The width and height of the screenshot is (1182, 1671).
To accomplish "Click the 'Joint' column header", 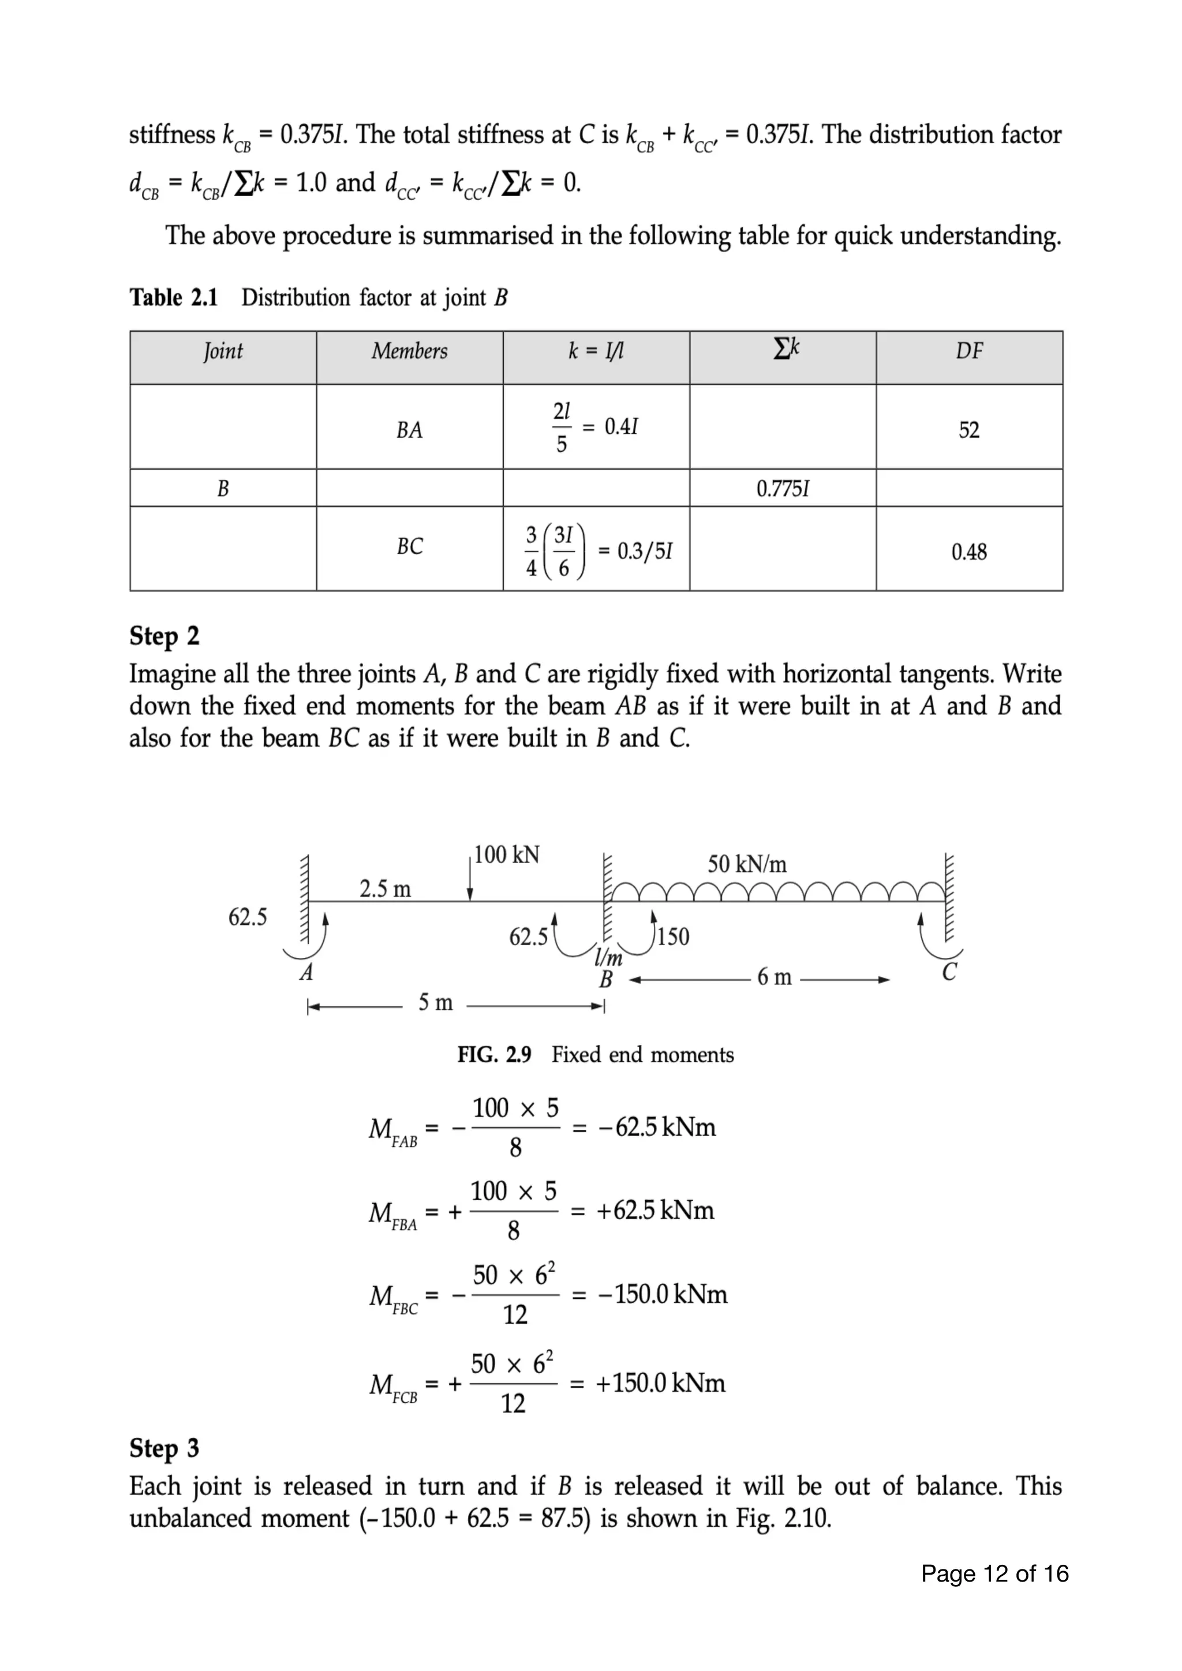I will tap(223, 351).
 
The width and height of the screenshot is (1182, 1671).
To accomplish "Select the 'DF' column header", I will tap(969, 351).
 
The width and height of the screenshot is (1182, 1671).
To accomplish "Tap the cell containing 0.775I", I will tap(783, 488).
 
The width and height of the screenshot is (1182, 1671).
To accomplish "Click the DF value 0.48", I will tap(969, 552).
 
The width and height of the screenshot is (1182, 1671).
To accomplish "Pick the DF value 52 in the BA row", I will tap(969, 430).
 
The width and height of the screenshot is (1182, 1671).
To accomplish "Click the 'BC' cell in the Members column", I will tap(410, 546).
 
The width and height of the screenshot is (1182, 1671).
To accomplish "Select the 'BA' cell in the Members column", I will tap(410, 430).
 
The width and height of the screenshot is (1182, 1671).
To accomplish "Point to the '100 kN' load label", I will tap(507, 855).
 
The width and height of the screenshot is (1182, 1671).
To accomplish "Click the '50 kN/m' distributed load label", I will tap(747, 864).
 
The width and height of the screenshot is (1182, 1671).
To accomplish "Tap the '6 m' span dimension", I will tap(774, 977).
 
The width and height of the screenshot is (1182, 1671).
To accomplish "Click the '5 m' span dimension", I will tap(435, 1003).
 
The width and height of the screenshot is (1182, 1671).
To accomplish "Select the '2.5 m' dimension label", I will tap(385, 889).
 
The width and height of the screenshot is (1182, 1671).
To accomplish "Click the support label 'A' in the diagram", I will tap(306, 972).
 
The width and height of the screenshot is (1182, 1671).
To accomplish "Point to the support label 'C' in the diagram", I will tap(949, 972).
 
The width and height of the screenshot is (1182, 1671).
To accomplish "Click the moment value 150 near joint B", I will tap(674, 936).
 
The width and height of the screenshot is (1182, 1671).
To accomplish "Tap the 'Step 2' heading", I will tap(164, 636).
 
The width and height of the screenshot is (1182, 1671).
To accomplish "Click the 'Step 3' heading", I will tap(164, 1448).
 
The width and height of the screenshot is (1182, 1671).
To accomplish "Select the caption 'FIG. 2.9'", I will tap(494, 1055).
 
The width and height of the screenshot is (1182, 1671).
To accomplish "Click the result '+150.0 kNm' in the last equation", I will tap(660, 1383).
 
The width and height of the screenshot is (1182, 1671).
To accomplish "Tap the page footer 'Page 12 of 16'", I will tap(994, 1574).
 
